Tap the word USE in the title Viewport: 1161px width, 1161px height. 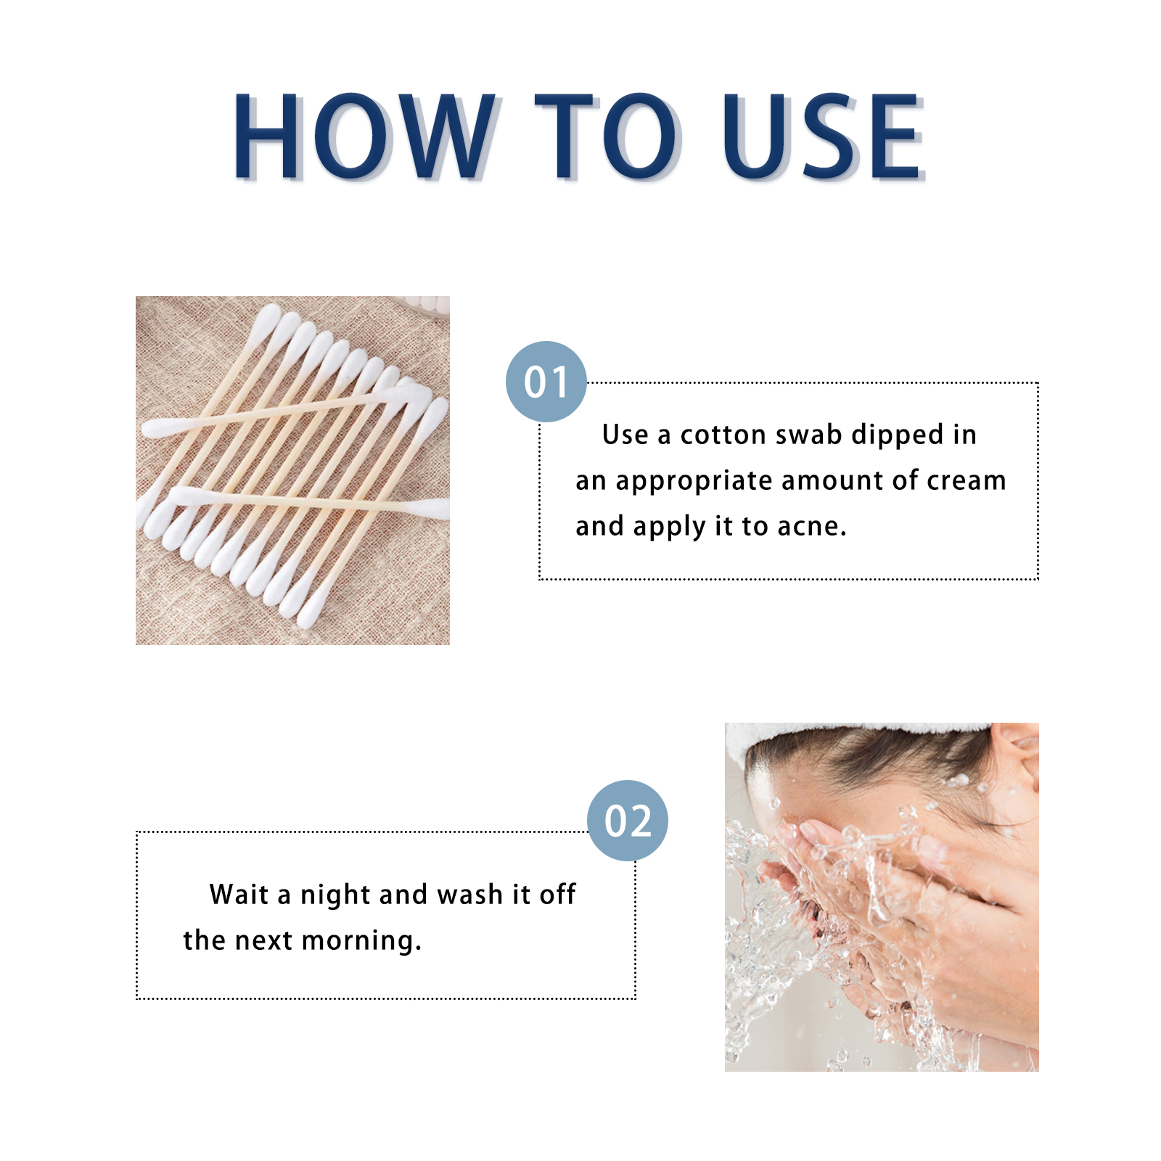[x=824, y=136]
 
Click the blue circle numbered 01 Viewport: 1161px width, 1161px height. [x=546, y=382]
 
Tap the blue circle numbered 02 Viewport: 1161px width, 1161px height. [x=628, y=821]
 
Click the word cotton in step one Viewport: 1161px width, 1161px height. [x=723, y=435]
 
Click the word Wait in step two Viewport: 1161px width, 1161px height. [x=239, y=894]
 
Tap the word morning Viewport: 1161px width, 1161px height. [x=361, y=941]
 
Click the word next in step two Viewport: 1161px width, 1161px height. [x=263, y=941]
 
